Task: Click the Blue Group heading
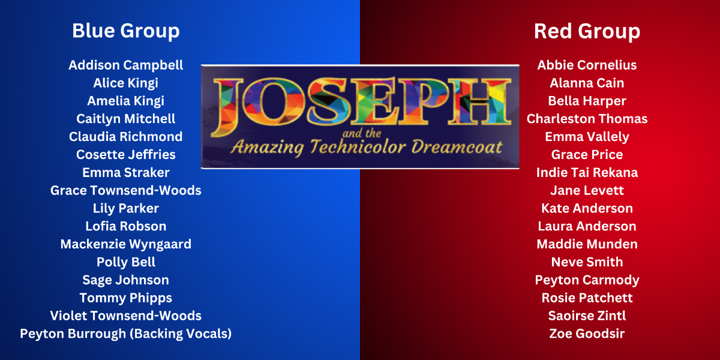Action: [125, 31]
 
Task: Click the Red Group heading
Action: [587, 31]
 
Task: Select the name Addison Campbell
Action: [125, 65]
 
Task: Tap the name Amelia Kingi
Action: [125, 101]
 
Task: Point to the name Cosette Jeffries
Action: [125, 155]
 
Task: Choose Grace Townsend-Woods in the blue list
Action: [125, 191]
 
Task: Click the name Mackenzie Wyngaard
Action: [125, 244]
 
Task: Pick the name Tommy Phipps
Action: [125, 298]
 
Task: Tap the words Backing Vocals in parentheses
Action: [181, 334]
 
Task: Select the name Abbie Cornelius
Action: [587, 65]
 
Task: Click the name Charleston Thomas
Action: [587, 119]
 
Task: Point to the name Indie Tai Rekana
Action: [587, 173]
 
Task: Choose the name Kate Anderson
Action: [587, 208]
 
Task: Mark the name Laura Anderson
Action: [587, 226]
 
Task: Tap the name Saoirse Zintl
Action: [587, 316]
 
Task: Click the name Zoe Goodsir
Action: [587, 334]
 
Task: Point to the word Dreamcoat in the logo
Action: [457, 147]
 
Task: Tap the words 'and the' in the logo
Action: [362, 133]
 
